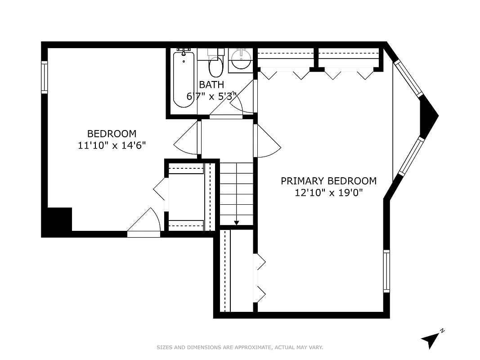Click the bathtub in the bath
pyautogui.click(x=184, y=80)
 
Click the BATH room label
pyautogui.click(x=211, y=85)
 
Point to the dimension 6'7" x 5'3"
pyautogui.click(x=211, y=96)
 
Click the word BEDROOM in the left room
pyautogui.click(x=112, y=134)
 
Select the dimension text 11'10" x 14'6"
pyautogui.click(x=112, y=145)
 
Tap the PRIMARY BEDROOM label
pyautogui.click(x=328, y=181)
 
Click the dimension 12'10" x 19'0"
pyautogui.click(x=328, y=193)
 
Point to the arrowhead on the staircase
pyautogui.click(x=237, y=222)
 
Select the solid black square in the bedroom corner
pyautogui.click(x=59, y=220)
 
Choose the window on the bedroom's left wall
pyautogui.click(x=45, y=77)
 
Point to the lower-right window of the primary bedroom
pyautogui.click(x=386, y=271)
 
